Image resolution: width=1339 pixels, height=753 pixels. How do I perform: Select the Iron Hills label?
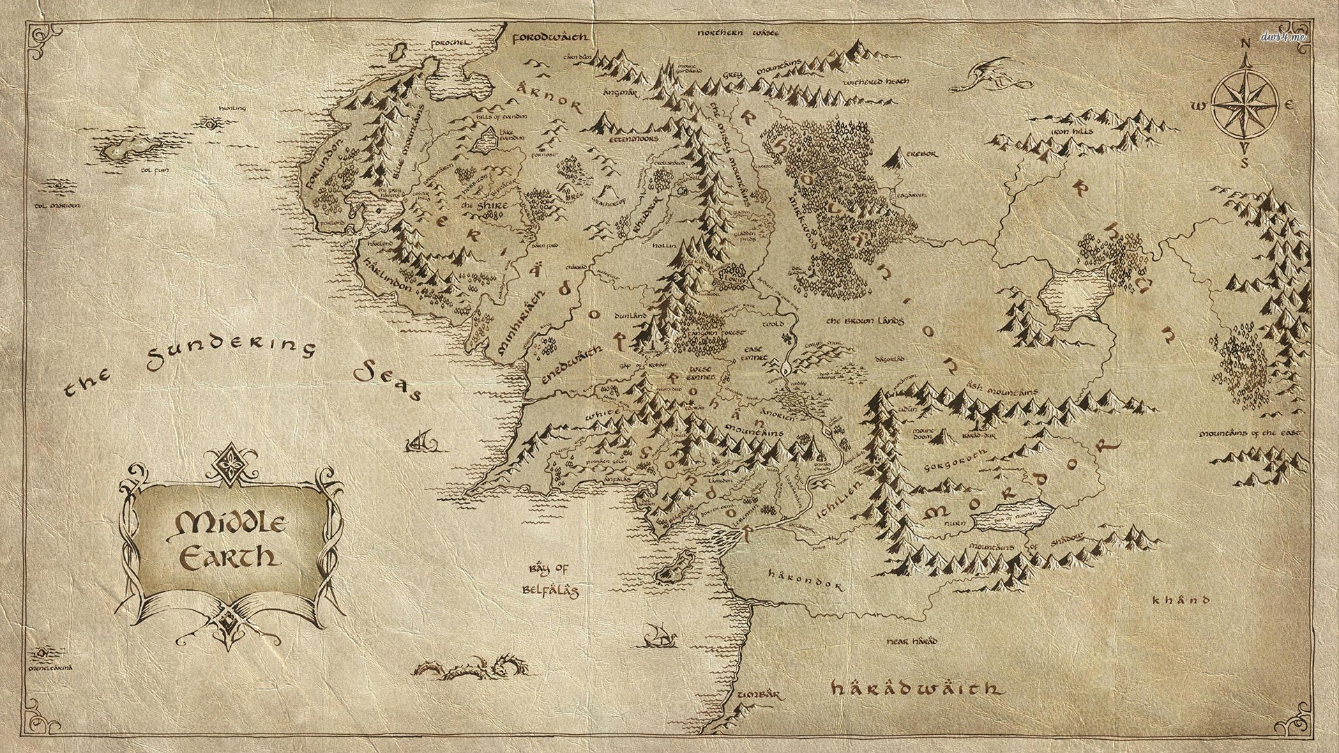click(1073, 131)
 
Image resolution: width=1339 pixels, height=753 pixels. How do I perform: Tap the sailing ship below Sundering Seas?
click(421, 441)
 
